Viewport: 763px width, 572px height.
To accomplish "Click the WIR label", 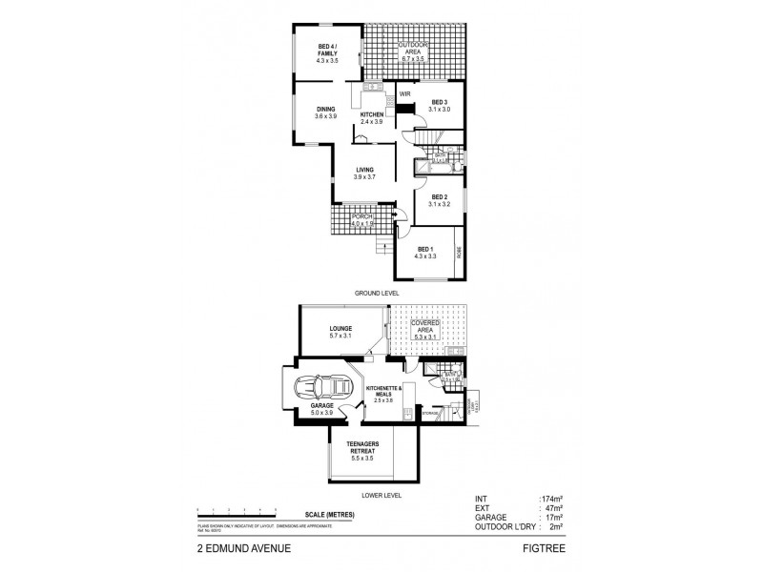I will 404,94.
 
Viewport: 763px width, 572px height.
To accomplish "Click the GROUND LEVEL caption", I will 379,292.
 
